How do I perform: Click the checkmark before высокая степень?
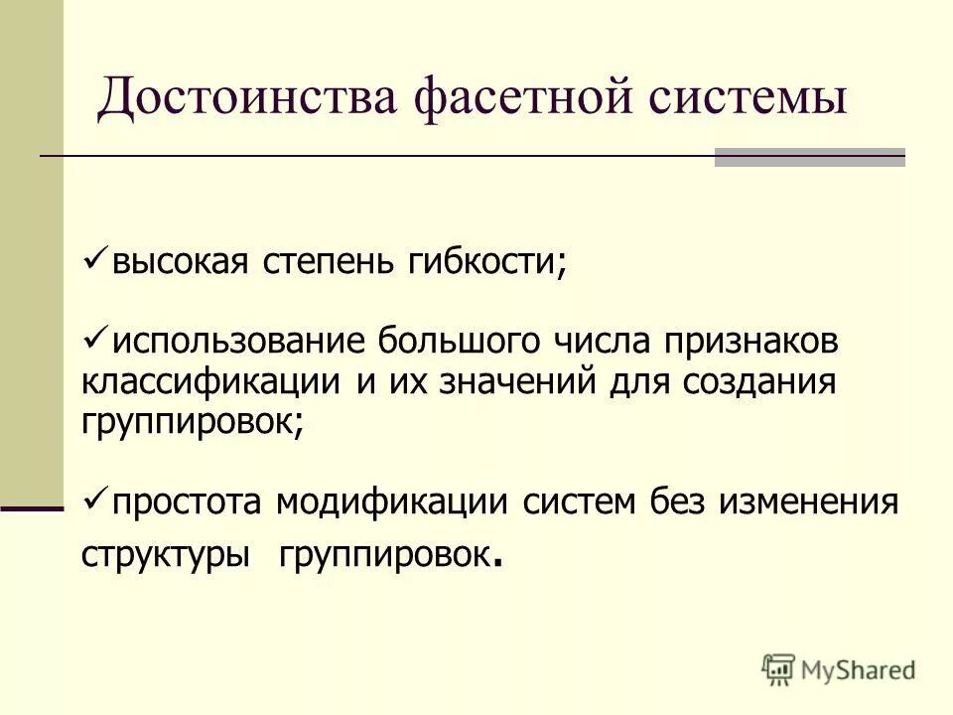(x=96, y=259)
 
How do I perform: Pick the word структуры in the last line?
(x=165, y=554)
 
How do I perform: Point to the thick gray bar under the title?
(x=810, y=157)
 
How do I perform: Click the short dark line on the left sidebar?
(x=32, y=507)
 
